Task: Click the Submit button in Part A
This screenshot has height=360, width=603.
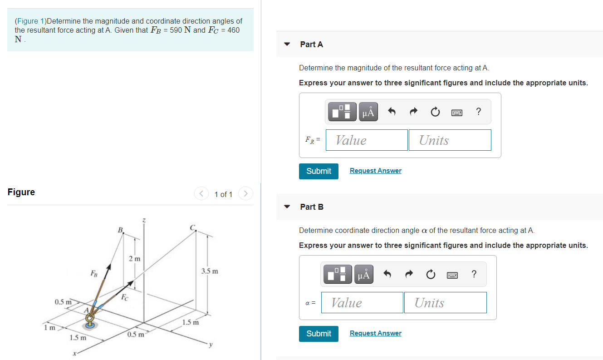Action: click(x=319, y=171)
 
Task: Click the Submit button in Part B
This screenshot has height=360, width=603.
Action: click(x=319, y=334)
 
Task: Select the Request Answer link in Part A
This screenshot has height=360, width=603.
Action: click(x=375, y=171)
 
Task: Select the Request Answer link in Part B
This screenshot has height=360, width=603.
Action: click(x=375, y=333)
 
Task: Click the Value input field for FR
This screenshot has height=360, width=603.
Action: click(x=367, y=140)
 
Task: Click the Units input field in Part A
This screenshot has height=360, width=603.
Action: click(x=450, y=140)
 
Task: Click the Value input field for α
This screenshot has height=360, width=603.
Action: click(x=362, y=303)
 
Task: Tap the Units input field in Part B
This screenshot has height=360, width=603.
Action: click(x=445, y=303)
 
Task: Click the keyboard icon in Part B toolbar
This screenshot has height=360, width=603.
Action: click(x=452, y=274)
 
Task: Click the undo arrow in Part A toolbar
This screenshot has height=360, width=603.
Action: click(x=392, y=112)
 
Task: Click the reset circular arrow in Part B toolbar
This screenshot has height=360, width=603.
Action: click(x=431, y=274)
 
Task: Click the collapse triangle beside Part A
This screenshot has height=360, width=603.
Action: click(x=287, y=44)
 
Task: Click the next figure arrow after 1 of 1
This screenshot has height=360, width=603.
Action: click(x=245, y=194)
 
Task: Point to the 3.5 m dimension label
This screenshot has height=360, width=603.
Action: click(x=209, y=271)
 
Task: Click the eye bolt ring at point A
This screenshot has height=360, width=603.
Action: click(x=90, y=317)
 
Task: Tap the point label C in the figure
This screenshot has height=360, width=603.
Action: click(x=192, y=227)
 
